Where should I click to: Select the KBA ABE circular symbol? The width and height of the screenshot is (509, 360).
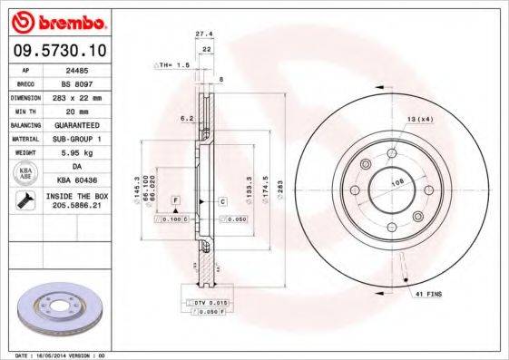[x=26, y=172]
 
